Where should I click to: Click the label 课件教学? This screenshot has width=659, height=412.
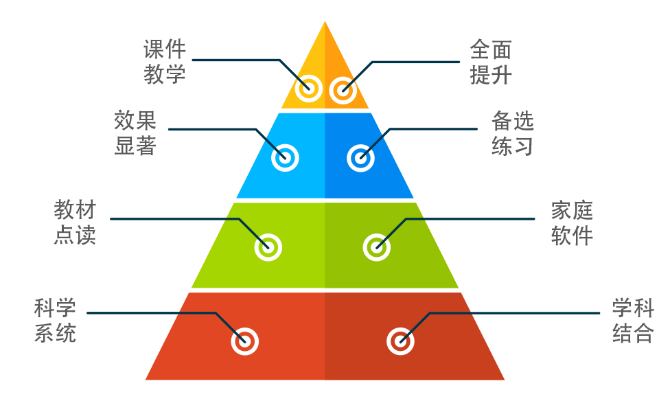point(165,62)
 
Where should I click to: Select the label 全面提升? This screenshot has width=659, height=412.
point(491,62)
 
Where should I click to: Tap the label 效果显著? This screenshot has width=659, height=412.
point(135,133)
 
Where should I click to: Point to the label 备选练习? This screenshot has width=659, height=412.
point(512,133)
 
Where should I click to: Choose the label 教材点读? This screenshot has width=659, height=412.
point(75,222)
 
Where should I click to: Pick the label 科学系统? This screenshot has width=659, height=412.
point(56,320)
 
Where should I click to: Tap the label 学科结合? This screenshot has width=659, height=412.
point(633,320)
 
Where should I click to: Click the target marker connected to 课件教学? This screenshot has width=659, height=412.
point(309,88)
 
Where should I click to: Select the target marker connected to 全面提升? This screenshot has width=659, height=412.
point(342,89)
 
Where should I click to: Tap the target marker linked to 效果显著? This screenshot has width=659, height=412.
point(285,158)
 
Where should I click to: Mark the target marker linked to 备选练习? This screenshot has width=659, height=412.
point(360,158)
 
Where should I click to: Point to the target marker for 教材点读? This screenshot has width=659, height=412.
point(268,247)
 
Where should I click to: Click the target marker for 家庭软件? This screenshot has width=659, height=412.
point(376,247)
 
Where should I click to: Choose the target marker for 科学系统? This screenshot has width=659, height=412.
point(244,341)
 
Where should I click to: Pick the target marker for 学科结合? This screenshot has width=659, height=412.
point(400,341)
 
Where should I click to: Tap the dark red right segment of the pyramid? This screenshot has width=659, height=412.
point(446,357)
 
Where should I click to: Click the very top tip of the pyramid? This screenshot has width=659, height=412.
point(325,23)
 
